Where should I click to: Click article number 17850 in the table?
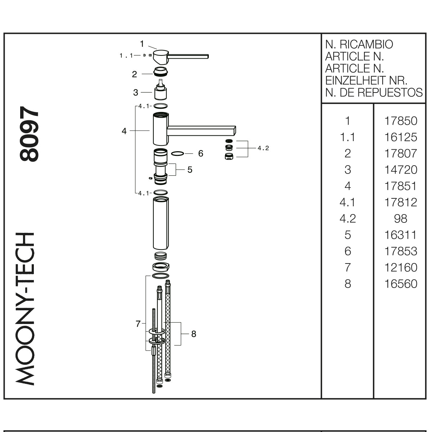click(401, 121)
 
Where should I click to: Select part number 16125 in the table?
click(401, 137)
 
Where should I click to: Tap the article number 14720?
click(401, 170)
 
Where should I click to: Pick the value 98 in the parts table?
click(401, 219)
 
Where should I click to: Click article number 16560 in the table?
click(401, 284)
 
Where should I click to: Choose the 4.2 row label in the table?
click(348, 219)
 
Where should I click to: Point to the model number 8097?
click(29, 134)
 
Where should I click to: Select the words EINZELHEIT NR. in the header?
click(366, 81)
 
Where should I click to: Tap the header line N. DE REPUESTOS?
click(374, 93)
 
